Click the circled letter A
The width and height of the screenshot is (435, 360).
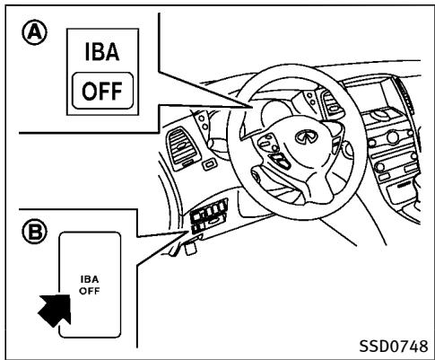34,32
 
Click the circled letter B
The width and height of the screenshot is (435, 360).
34,232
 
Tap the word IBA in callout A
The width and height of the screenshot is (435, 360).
102,52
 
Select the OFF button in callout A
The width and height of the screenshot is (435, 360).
102,91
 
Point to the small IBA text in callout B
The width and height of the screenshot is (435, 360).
90,279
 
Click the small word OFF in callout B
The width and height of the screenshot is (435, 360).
90,291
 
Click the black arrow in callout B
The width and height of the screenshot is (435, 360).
56,310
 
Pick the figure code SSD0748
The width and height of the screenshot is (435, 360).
394,347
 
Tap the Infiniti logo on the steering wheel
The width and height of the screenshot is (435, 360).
305,136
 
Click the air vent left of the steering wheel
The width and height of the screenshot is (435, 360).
181,147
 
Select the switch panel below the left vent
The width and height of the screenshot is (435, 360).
209,216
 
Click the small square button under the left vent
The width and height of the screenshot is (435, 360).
209,164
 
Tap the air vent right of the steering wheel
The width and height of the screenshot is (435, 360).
333,104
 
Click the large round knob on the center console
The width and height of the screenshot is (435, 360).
393,137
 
